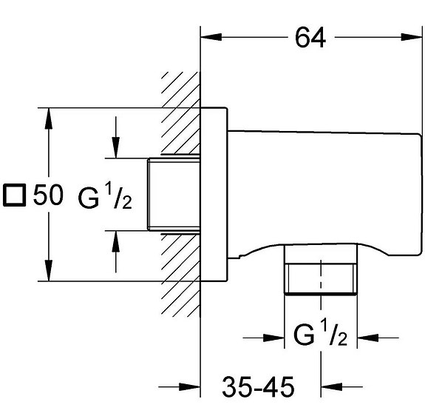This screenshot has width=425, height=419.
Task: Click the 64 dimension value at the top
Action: (x=310, y=38)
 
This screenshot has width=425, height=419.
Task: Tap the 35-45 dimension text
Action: (x=258, y=386)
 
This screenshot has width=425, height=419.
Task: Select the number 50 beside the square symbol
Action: (x=48, y=195)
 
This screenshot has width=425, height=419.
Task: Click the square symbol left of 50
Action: (x=14, y=195)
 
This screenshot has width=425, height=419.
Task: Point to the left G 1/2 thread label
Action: (x=105, y=195)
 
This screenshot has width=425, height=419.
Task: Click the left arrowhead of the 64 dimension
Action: (x=211, y=37)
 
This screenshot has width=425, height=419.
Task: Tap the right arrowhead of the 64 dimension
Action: (x=412, y=37)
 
